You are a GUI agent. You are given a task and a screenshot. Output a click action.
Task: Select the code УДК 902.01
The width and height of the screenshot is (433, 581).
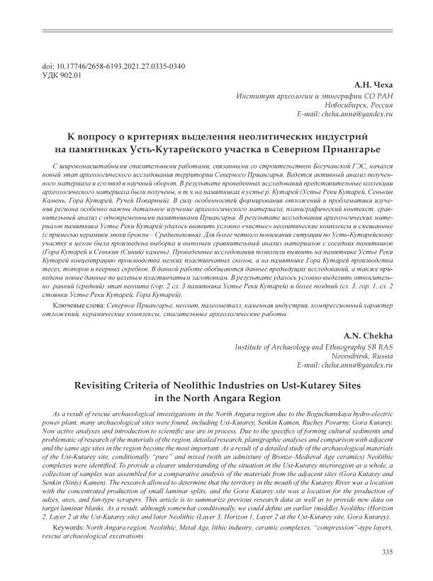[62, 74]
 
